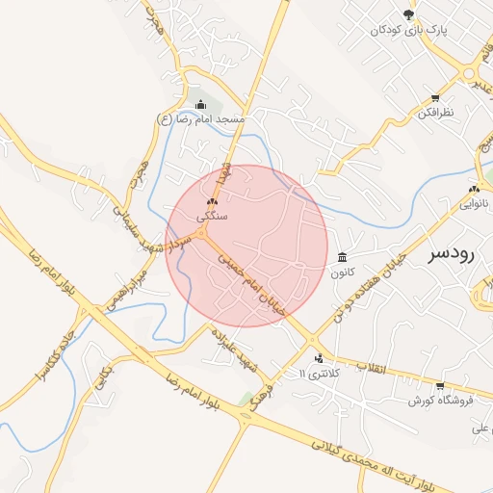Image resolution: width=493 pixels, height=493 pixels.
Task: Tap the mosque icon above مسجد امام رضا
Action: (200, 105)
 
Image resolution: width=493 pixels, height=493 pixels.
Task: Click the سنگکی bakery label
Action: (212, 218)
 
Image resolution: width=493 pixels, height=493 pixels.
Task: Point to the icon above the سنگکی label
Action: (212, 203)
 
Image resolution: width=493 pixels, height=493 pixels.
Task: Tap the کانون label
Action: (344, 272)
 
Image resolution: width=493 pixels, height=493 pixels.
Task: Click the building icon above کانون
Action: (344, 257)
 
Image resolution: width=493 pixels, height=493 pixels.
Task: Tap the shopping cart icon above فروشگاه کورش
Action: (440, 386)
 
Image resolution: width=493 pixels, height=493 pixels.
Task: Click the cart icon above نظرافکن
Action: (435, 98)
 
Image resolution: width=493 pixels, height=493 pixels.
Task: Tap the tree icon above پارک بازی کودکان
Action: (408, 14)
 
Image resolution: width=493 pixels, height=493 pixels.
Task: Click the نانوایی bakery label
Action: (473, 204)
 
